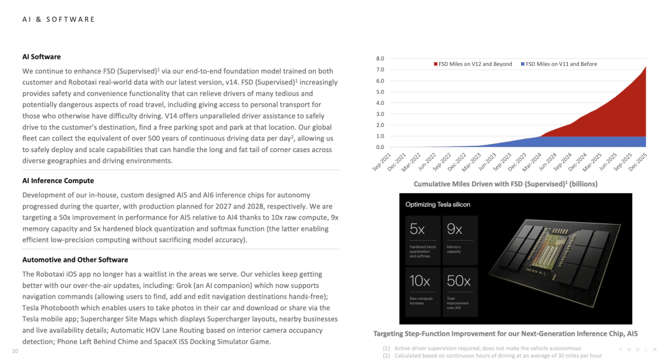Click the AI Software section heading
point(42,56)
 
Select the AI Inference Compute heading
point(58,181)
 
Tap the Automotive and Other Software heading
point(75,259)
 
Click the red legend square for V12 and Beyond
point(436,64)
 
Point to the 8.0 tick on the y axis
point(380,58)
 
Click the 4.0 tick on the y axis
point(380,103)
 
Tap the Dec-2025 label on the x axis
point(638,163)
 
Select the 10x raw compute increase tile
point(423,288)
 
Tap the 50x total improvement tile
point(460,288)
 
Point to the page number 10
point(16,351)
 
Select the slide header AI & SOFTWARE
point(59,19)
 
